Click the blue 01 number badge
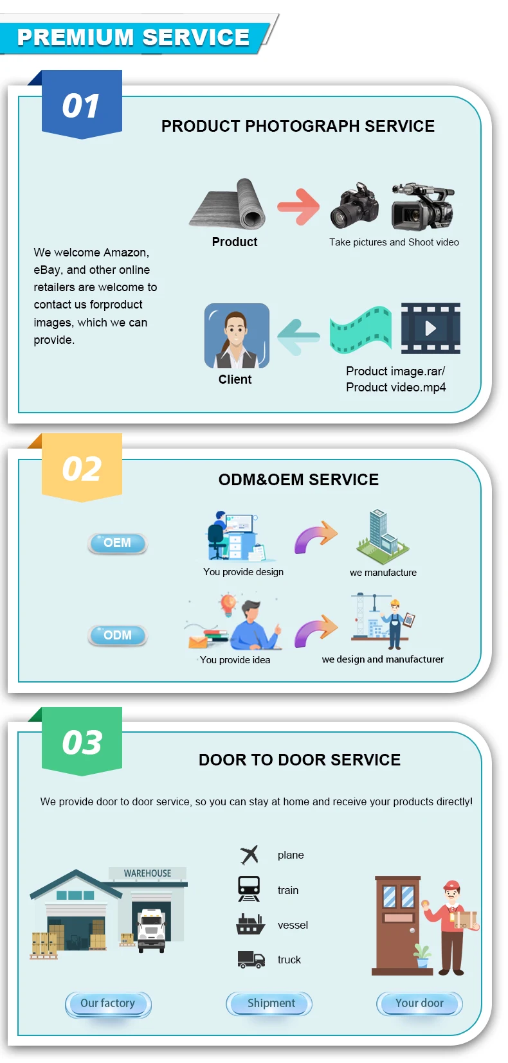82,105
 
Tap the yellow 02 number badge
82,468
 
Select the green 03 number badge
82,742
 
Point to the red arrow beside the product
298,206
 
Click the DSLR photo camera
354,205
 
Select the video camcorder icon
422,206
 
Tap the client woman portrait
237,335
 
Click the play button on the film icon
430,328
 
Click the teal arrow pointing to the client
298,336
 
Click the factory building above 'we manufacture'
382,533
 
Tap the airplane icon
249,855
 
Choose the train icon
249,889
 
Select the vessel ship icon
250,924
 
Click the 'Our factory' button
108,1003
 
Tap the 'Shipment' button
269,1003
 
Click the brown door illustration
397,925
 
